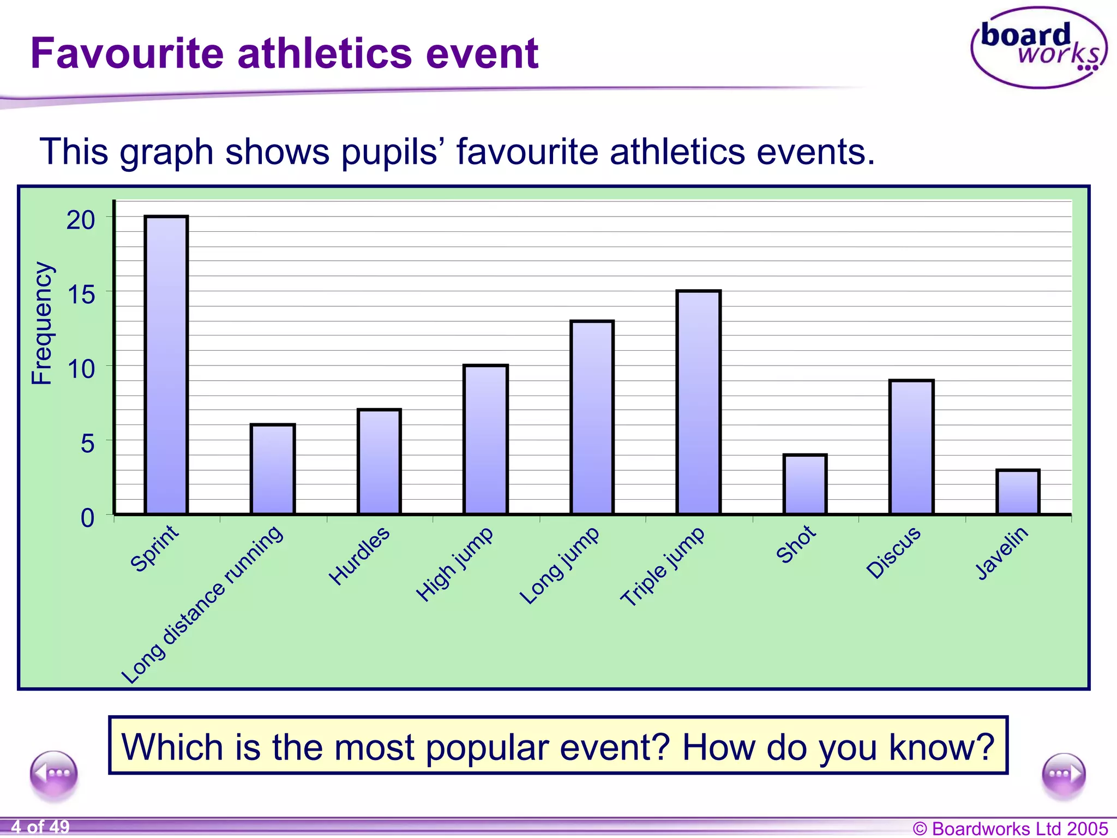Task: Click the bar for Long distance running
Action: coord(272,469)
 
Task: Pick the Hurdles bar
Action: coord(379,461)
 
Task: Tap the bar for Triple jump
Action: coord(698,402)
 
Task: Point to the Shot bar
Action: coord(804,484)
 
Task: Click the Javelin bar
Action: coord(1017,492)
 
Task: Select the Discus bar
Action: coord(911,447)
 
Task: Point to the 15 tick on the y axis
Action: coord(81,295)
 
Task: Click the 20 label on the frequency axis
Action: coord(81,220)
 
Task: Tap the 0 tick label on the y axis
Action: coord(87,518)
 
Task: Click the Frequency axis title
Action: coord(42,323)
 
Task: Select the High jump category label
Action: coord(454,564)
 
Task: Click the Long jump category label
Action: coord(559,565)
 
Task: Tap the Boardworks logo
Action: coord(1038,48)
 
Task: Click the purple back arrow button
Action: coord(54,774)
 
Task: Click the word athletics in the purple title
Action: coord(325,53)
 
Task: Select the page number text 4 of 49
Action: coord(40,827)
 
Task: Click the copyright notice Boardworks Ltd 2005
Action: coord(1010,828)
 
